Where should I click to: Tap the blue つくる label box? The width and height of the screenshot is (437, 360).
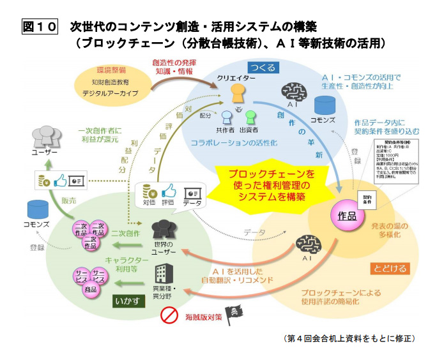tap(264, 68)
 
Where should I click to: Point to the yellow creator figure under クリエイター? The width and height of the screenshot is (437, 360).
tap(238, 93)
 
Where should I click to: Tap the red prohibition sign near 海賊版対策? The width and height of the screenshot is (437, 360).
tap(168, 315)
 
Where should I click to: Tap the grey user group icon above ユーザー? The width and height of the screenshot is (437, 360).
tap(45, 136)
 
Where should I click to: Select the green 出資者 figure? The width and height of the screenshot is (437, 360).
tap(250, 117)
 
